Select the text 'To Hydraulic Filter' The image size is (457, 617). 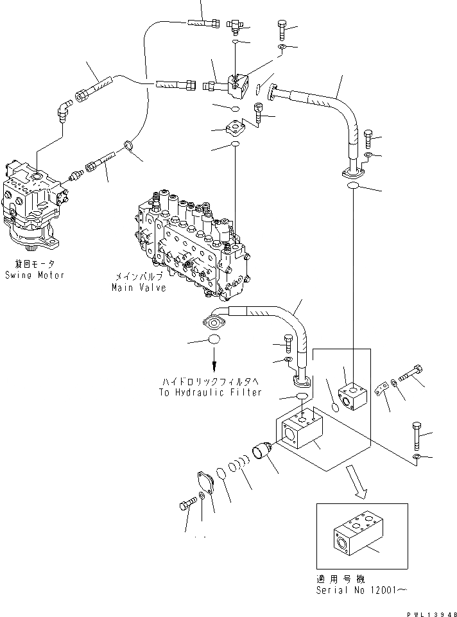[x=210, y=392]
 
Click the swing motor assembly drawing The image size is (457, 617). [x=35, y=205]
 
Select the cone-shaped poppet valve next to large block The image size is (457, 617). [x=263, y=451]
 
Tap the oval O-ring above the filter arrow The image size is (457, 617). [x=214, y=340]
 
